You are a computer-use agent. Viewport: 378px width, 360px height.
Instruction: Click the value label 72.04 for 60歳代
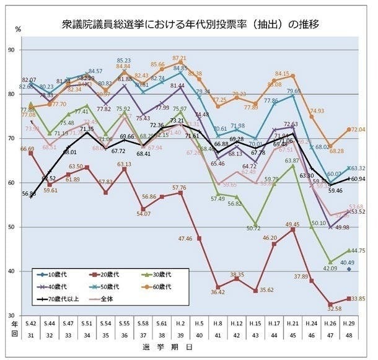coord(359,130)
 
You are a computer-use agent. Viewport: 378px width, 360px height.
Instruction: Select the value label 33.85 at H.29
coord(359,298)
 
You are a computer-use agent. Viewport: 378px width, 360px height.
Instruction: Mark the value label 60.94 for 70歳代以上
coord(359,179)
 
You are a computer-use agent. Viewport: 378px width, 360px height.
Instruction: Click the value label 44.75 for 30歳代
coord(359,250)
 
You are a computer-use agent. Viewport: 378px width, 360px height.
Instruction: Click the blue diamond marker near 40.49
coord(349,269)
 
